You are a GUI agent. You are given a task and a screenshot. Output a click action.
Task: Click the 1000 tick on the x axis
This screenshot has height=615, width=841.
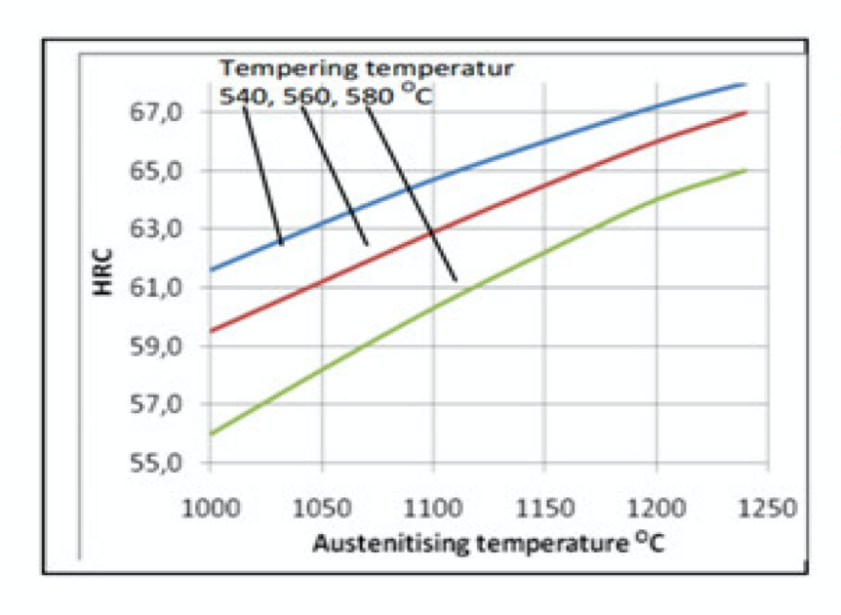[x=209, y=510]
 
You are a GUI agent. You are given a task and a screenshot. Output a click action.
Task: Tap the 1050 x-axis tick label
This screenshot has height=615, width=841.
[x=320, y=510]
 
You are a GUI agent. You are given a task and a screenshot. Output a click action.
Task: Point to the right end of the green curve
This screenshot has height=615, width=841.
[x=746, y=170]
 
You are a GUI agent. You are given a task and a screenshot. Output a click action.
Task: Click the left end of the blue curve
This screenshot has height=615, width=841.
[x=210, y=269]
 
